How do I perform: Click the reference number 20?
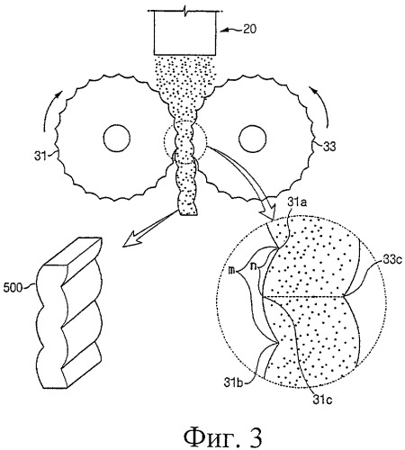coord(249,29)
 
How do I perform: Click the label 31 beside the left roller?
coord(40,156)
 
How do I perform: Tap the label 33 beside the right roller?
coord(329,147)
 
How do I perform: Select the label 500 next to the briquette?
coord(13,288)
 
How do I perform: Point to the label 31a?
coord(297,202)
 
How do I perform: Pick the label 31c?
coord(322,400)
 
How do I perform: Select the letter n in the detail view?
coord(253,266)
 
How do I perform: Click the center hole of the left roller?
coord(117,139)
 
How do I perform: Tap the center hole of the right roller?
coord(252,139)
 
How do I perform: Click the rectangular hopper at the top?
coord(184,33)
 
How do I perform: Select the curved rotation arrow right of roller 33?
coord(323,105)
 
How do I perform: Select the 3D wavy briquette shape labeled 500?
coord(70,313)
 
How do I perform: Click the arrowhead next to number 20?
coord(225,30)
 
